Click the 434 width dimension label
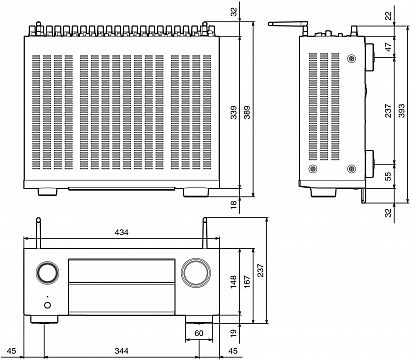click(x=121, y=232)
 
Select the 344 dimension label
click(x=121, y=351)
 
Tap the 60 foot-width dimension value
click(x=199, y=333)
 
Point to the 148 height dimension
click(x=233, y=282)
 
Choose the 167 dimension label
click(x=247, y=282)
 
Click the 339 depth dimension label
click(x=233, y=112)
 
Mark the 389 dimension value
click(x=247, y=112)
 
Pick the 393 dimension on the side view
click(x=401, y=111)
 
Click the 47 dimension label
click(x=388, y=47)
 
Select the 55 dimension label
click(x=388, y=176)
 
